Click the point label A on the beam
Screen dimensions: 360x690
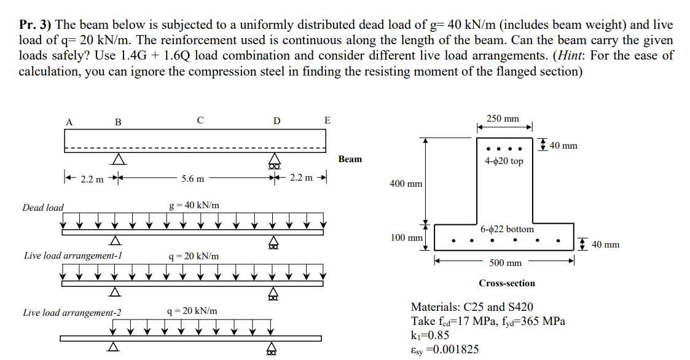(x=69, y=122)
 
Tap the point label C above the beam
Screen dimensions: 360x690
(x=200, y=120)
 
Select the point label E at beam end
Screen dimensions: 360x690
(x=327, y=120)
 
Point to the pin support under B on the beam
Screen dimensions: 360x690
(x=118, y=160)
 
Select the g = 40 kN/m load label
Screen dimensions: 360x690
(x=194, y=205)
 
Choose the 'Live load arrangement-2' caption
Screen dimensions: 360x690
(x=72, y=313)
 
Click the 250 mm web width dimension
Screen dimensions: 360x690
(x=503, y=119)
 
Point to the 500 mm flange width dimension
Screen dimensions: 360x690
(x=505, y=263)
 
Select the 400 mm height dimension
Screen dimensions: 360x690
(x=406, y=184)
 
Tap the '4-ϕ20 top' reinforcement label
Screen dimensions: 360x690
(x=504, y=161)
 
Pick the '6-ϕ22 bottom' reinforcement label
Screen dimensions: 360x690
(x=507, y=229)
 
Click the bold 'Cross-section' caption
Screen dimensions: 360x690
(x=507, y=283)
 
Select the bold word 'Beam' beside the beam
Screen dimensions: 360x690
(x=350, y=159)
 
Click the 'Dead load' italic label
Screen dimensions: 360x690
(x=43, y=208)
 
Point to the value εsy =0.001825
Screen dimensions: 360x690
(x=445, y=349)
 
